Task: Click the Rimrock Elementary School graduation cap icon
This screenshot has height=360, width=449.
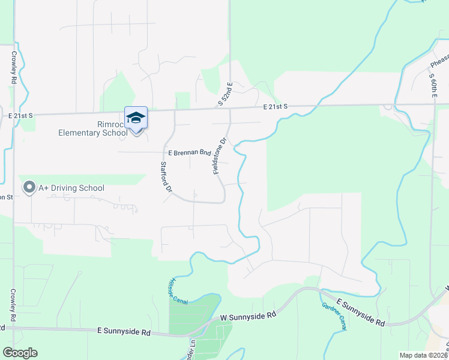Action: point(136,118)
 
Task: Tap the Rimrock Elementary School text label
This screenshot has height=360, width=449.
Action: point(93,128)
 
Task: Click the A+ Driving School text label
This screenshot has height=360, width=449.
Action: point(71,188)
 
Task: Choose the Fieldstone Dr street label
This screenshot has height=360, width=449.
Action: point(219,157)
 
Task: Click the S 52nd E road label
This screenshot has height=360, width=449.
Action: point(224,95)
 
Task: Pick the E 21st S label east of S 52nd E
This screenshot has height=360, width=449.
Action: point(276,107)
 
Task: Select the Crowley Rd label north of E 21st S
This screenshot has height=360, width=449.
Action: point(13,67)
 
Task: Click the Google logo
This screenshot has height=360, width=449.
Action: point(20,353)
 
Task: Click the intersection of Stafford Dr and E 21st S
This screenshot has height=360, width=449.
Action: point(174,110)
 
